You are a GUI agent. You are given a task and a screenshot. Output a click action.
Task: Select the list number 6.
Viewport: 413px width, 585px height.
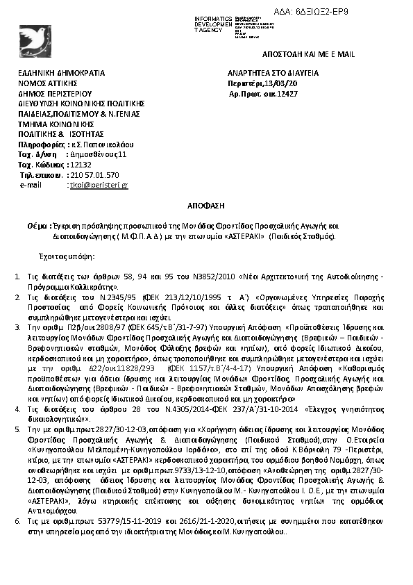tap(19, 519)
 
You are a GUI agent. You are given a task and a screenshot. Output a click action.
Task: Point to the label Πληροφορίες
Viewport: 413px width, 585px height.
tap(39, 144)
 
